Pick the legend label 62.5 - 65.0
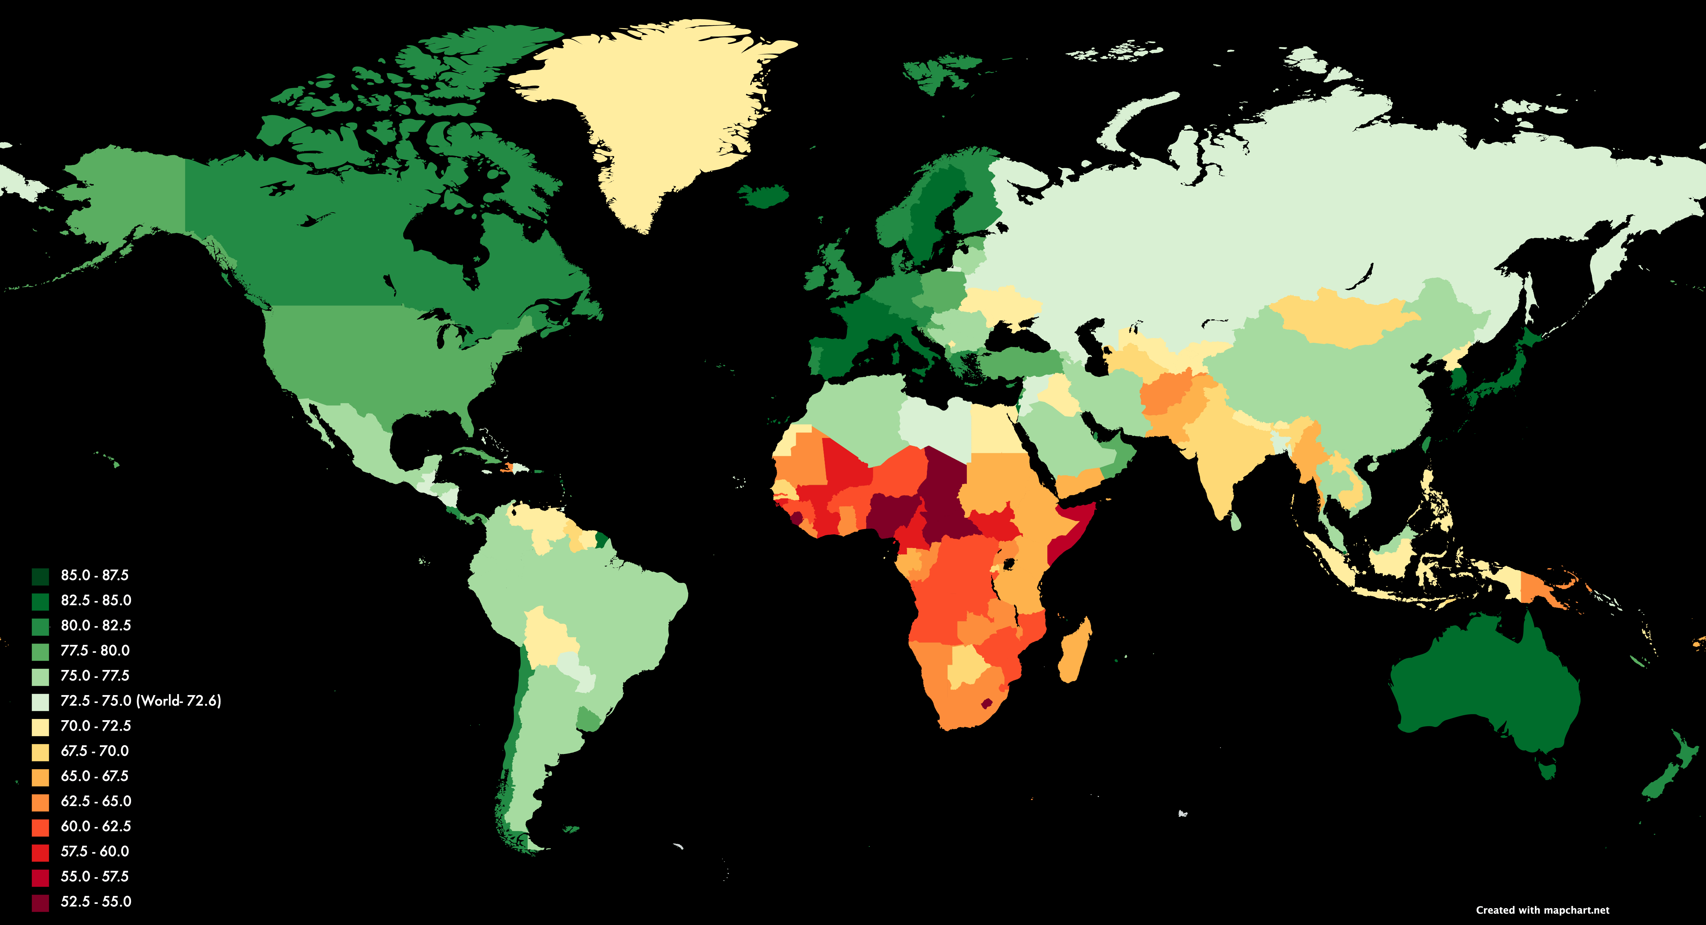(96, 801)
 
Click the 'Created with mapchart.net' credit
(1543, 910)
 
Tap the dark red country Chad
(944, 490)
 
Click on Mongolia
(1344, 318)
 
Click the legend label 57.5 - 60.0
(95, 852)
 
